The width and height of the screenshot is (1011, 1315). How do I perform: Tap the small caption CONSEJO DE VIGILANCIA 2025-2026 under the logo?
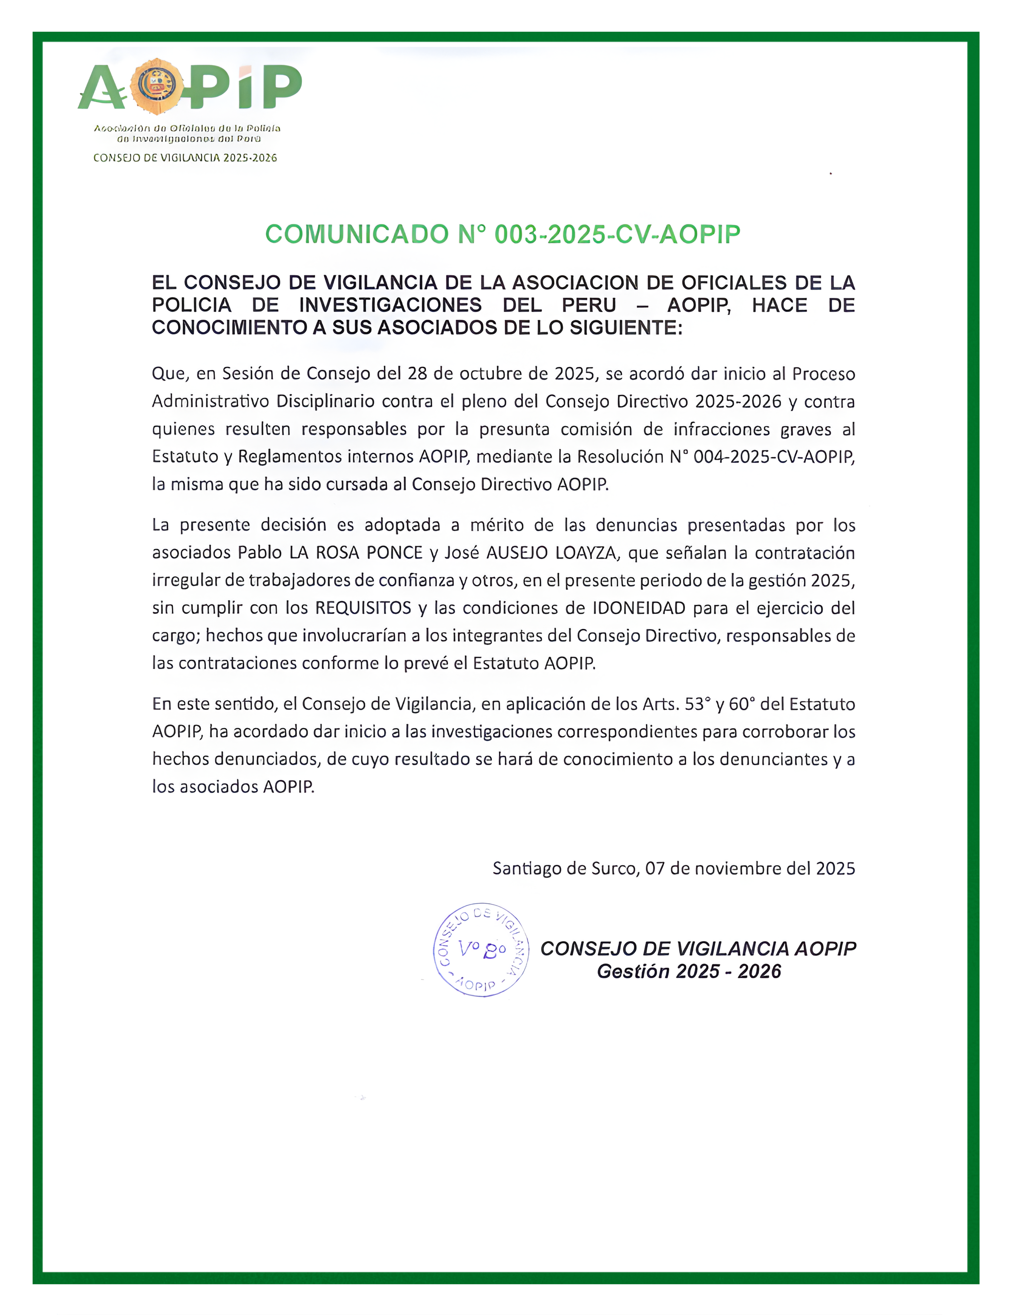(x=185, y=158)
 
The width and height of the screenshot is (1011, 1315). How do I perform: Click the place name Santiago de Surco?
(x=564, y=868)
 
